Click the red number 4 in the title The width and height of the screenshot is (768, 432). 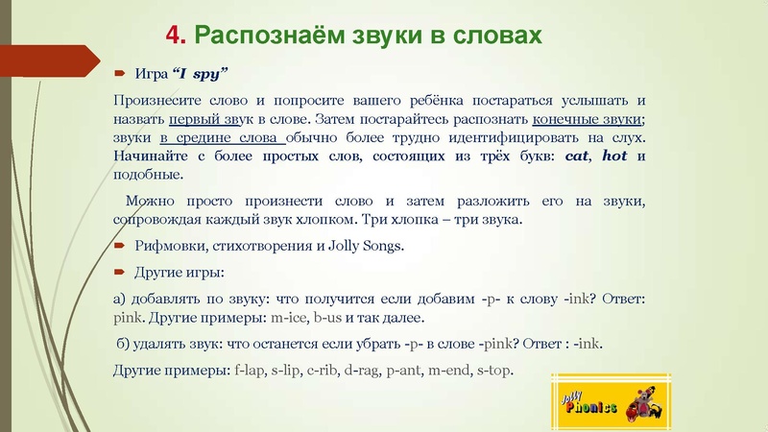point(173,36)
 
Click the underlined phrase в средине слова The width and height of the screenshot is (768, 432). point(217,138)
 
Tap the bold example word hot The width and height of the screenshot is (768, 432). point(614,157)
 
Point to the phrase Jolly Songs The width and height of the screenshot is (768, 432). point(368,246)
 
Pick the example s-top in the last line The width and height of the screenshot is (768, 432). point(495,371)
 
